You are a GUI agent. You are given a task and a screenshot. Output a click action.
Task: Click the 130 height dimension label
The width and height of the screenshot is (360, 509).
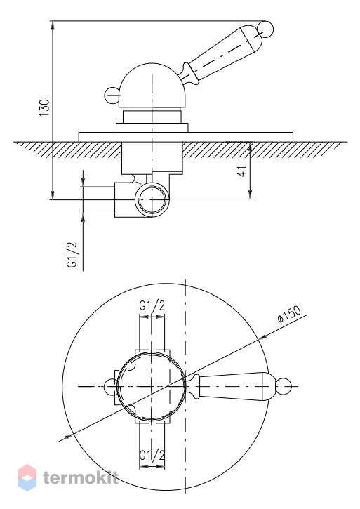(x=44, y=108)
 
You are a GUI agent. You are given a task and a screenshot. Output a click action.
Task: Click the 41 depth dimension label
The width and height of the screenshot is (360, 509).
(x=242, y=171)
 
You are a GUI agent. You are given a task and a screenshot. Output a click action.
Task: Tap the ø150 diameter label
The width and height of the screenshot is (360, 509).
(x=289, y=314)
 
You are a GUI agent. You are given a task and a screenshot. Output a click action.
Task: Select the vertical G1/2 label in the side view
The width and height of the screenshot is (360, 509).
(x=73, y=254)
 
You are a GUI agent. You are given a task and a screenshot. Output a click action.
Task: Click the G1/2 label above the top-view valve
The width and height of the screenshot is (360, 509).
(x=152, y=305)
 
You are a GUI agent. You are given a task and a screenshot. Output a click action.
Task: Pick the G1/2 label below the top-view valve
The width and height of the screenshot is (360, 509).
(x=152, y=455)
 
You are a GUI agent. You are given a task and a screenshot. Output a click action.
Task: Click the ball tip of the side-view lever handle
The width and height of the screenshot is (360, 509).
(x=265, y=29)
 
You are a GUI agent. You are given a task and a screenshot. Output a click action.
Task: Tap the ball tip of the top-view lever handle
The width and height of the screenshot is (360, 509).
(x=284, y=386)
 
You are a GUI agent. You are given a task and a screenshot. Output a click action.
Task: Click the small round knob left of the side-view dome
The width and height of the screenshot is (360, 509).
(x=112, y=95)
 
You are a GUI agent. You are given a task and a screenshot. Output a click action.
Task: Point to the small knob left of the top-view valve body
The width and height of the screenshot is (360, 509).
(x=111, y=386)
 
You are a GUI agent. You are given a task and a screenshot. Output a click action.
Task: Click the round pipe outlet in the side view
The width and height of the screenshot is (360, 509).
(x=152, y=199)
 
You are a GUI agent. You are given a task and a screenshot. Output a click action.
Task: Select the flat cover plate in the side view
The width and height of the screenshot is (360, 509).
(x=186, y=137)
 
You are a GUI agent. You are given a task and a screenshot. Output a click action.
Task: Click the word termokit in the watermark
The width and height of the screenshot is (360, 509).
(x=81, y=478)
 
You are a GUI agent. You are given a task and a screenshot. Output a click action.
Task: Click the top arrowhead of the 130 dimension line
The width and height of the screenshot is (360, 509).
(x=53, y=25)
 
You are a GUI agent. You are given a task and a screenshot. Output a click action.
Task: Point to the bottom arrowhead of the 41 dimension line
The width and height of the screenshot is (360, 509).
(x=250, y=194)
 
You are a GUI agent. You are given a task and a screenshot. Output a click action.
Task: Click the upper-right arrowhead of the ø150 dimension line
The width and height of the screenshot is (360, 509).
(x=262, y=337)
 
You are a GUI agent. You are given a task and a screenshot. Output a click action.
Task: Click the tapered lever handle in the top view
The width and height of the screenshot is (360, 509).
(x=232, y=386)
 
